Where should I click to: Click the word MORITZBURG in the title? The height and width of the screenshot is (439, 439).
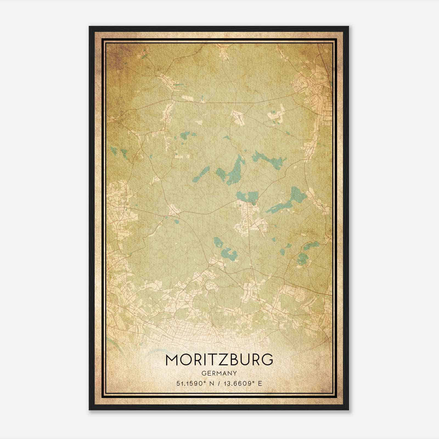(219, 360)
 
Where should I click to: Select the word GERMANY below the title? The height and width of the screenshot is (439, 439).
(219, 373)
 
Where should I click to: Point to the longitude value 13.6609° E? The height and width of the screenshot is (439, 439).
(243, 383)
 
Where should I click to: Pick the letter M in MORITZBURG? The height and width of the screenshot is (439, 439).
(172, 360)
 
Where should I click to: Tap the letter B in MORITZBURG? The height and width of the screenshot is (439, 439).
(233, 360)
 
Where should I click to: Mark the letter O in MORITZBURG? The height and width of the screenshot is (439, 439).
(187, 360)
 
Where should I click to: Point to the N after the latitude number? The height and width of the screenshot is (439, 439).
(211, 383)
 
